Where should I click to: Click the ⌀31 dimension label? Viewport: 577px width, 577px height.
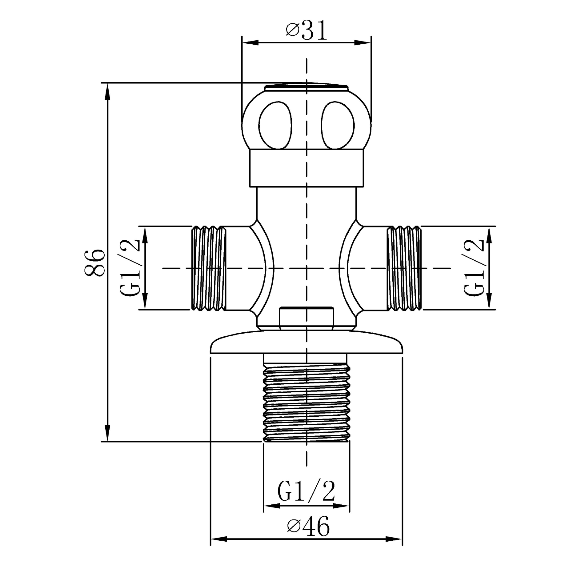pyautogui.click(x=307, y=31)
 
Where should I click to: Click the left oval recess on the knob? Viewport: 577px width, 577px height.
pyautogui.click(x=275, y=125)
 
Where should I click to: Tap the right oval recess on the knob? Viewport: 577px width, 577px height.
pyautogui.click(x=338, y=125)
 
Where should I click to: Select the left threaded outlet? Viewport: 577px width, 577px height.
pyautogui.click(x=209, y=268)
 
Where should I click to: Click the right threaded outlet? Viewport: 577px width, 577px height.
pyautogui.click(x=404, y=268)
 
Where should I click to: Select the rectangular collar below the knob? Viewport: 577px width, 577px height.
pyautogui.click(x=307, y=168)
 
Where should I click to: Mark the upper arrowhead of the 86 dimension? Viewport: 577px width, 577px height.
pyautogui.click(x=107, y=91)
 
